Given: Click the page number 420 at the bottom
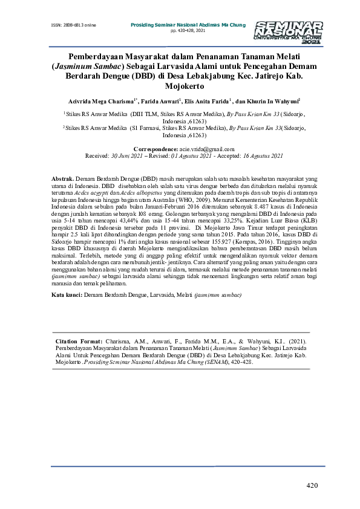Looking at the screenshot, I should click(312, 485).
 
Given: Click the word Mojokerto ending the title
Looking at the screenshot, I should click(180, 87).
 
